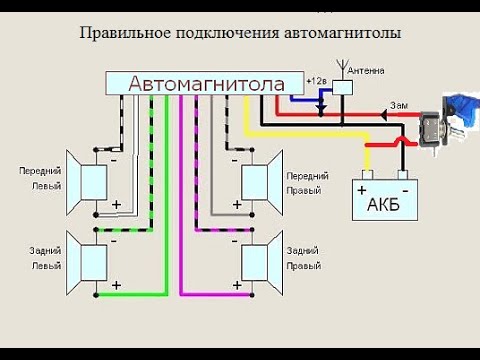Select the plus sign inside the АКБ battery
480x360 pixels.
coord(362,187)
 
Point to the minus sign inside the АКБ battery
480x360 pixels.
coord(403,187)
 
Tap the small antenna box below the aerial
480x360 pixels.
coord(342,89)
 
